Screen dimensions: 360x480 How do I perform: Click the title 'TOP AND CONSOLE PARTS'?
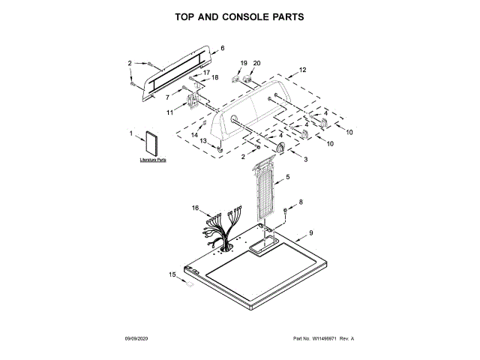[x=239, y=16]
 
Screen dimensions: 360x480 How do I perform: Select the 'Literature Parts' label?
[x=153, y=160]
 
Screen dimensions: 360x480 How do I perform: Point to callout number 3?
[x=305, y=159]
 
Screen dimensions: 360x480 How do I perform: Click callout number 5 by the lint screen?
[x=288, y=178]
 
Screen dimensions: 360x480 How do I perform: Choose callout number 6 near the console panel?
[x=222, y=49]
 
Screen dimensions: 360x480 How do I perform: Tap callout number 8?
[x=301, y=202]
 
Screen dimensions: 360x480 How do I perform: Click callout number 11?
[x=169, y=112]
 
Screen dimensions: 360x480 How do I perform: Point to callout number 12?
[x=303, y=70]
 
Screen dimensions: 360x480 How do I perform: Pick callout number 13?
[x=202, y=141]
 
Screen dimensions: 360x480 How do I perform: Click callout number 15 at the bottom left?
[x=172, y=275]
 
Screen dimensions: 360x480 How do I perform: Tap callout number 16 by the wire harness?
[x=195, y=208]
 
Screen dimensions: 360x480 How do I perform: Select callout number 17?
[x=208, y=72]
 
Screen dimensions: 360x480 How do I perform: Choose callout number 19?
[x=243, y=63]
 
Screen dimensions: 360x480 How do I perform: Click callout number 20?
[x=256, y=63]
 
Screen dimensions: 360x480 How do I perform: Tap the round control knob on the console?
[x=280, y=147]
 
